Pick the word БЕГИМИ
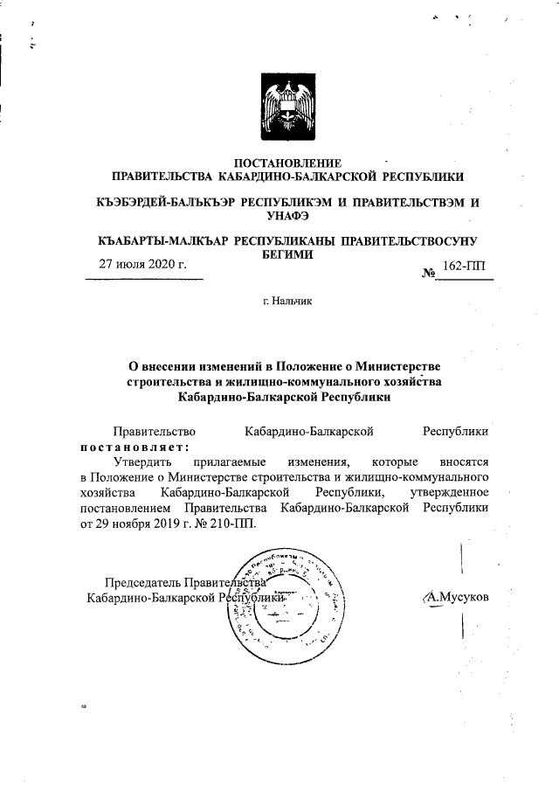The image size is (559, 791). [287, 253]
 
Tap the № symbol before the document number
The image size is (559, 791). [428, 273]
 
